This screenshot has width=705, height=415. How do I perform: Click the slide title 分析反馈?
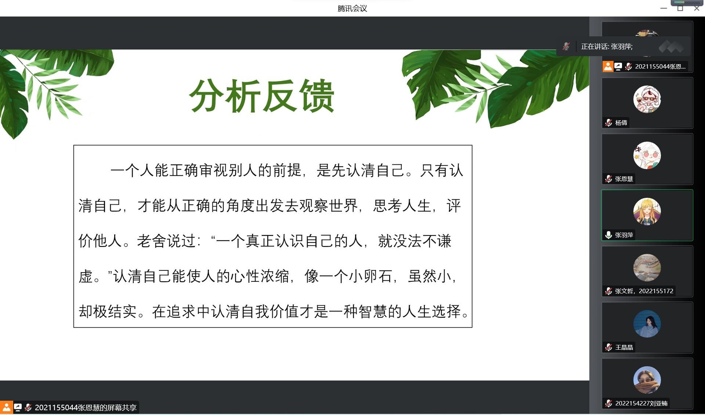[x=261, y=96]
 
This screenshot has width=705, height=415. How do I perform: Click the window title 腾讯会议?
[x=352, y=8]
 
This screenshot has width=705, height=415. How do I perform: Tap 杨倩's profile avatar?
[x=647, y=99]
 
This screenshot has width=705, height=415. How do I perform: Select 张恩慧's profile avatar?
[x=647, y=155]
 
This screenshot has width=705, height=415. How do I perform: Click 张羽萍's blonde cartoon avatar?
[x=647, y=211]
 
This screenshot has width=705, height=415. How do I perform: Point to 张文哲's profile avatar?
[x=647, y=267]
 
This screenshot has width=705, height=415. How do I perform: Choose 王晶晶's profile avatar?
[x=647, y=324]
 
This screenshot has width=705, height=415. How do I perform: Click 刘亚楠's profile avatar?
[x=647, y=380]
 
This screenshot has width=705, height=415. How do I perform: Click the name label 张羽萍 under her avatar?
[x=624, y=235]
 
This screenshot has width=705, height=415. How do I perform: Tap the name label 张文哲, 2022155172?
[x=644, y=291]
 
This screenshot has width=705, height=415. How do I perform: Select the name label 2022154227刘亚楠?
[x=641, y=403]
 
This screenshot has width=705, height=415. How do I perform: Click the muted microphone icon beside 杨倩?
[x=608, y=123]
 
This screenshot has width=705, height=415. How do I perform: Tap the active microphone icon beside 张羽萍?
[x=608, y=235]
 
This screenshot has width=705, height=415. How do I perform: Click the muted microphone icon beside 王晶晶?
[x=608, y=347]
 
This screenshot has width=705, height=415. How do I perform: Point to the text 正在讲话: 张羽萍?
[x=607, y=47]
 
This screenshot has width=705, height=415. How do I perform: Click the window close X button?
[x=697, y=8]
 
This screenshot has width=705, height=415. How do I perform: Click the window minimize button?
[x=664, y=8]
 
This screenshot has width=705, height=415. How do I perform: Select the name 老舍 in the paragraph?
[x=151, y=241]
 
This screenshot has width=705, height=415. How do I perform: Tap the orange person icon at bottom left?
[x=6, y=407]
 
